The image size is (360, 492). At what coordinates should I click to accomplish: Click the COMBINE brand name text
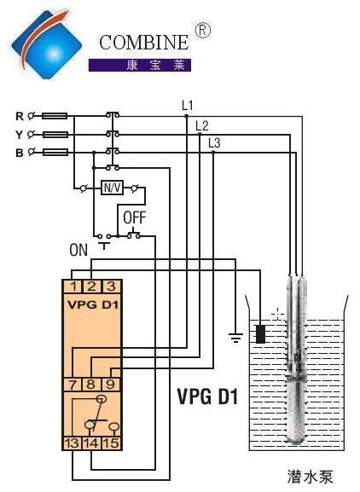(x=144, y=43)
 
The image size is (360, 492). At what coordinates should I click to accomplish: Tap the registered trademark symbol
(x=203, y=31)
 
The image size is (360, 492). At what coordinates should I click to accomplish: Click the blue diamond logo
(x=46, y=44)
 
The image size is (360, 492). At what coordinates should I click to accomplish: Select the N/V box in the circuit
(x=112, y=188)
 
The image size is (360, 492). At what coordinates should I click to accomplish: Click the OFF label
(x=134, y=217)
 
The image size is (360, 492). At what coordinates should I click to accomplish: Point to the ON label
(x=78, y=250)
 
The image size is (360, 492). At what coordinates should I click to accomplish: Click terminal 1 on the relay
(x=73, y=287)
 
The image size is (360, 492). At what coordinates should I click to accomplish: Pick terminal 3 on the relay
(x=112, y=287)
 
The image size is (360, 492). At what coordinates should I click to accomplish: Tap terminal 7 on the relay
(x=73, y=385)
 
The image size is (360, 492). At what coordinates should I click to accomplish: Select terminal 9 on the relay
(x=111, y=385)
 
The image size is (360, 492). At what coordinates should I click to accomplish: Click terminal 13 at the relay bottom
(x=73, y=443)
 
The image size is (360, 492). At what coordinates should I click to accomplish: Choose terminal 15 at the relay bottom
(x=112, y=443)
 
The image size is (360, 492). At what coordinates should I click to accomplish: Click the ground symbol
(x=235, y=337)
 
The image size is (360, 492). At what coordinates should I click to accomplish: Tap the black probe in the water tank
(x=260, y=334)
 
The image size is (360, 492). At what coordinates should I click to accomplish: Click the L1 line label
(x=188, y=106)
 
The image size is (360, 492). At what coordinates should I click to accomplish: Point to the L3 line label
(x=214, y=143)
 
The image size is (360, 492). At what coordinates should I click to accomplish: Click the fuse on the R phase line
(x=55, y=116)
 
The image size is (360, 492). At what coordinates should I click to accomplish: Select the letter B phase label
(x=20, y=153)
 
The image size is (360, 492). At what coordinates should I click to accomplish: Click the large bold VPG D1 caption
(x=208, y=396)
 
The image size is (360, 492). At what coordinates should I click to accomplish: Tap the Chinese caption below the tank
(x=310, y=477)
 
